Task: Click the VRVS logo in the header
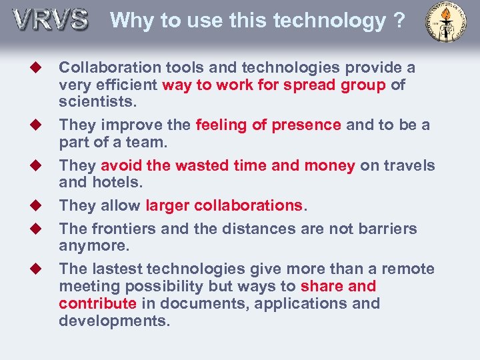51,19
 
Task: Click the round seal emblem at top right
446,22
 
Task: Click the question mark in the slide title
399,21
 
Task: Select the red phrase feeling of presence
269,125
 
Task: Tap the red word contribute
97,303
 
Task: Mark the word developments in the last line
114,321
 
